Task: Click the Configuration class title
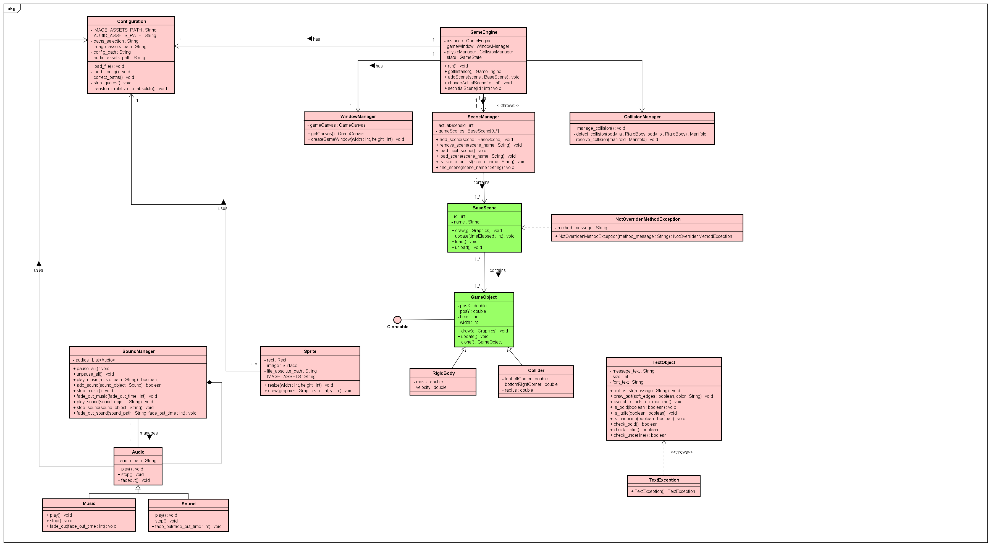tap(131, 22)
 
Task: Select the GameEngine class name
tap(483, 32)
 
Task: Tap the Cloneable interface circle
tap(397, 319)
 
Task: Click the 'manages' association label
tap(148, 433)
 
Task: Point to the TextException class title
tap(664, 480)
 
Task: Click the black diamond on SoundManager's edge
tap(209, 382)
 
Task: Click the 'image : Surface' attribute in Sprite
tap(282, 366)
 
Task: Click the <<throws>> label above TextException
tap(681, 452)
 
